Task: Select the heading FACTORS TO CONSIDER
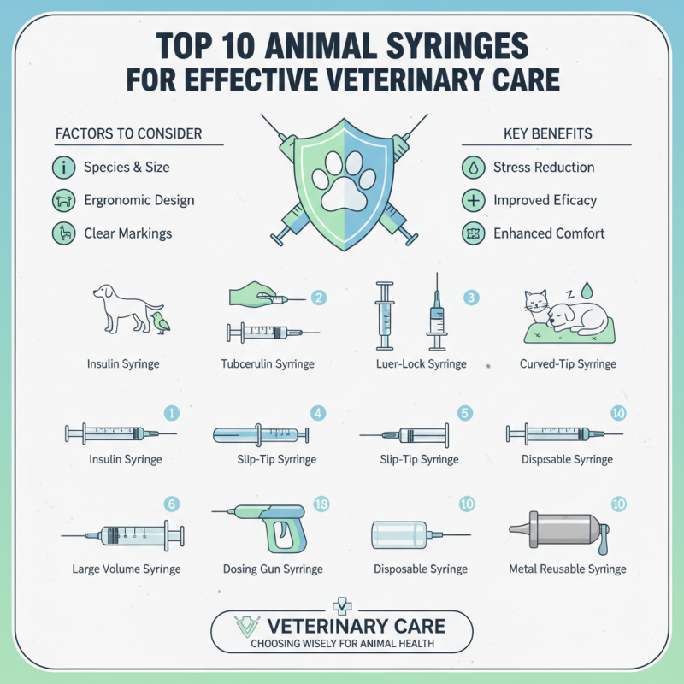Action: (x=128, y=134)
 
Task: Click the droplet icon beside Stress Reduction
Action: (x=473, y=168)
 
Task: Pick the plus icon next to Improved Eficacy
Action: (x=473, y=201)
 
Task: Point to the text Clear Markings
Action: (x=127, y=233)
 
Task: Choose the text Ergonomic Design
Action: (x=139, y=200)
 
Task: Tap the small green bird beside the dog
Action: (x=160, y=321)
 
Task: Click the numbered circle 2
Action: (x=318, y=298)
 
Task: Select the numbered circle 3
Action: (x=471, y=298)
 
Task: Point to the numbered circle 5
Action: (x=465, y=414)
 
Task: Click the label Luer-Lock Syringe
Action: (x=422, y=364)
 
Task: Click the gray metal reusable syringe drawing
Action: (x=560, y=530)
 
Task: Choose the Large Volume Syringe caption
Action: (x=126, y=569)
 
